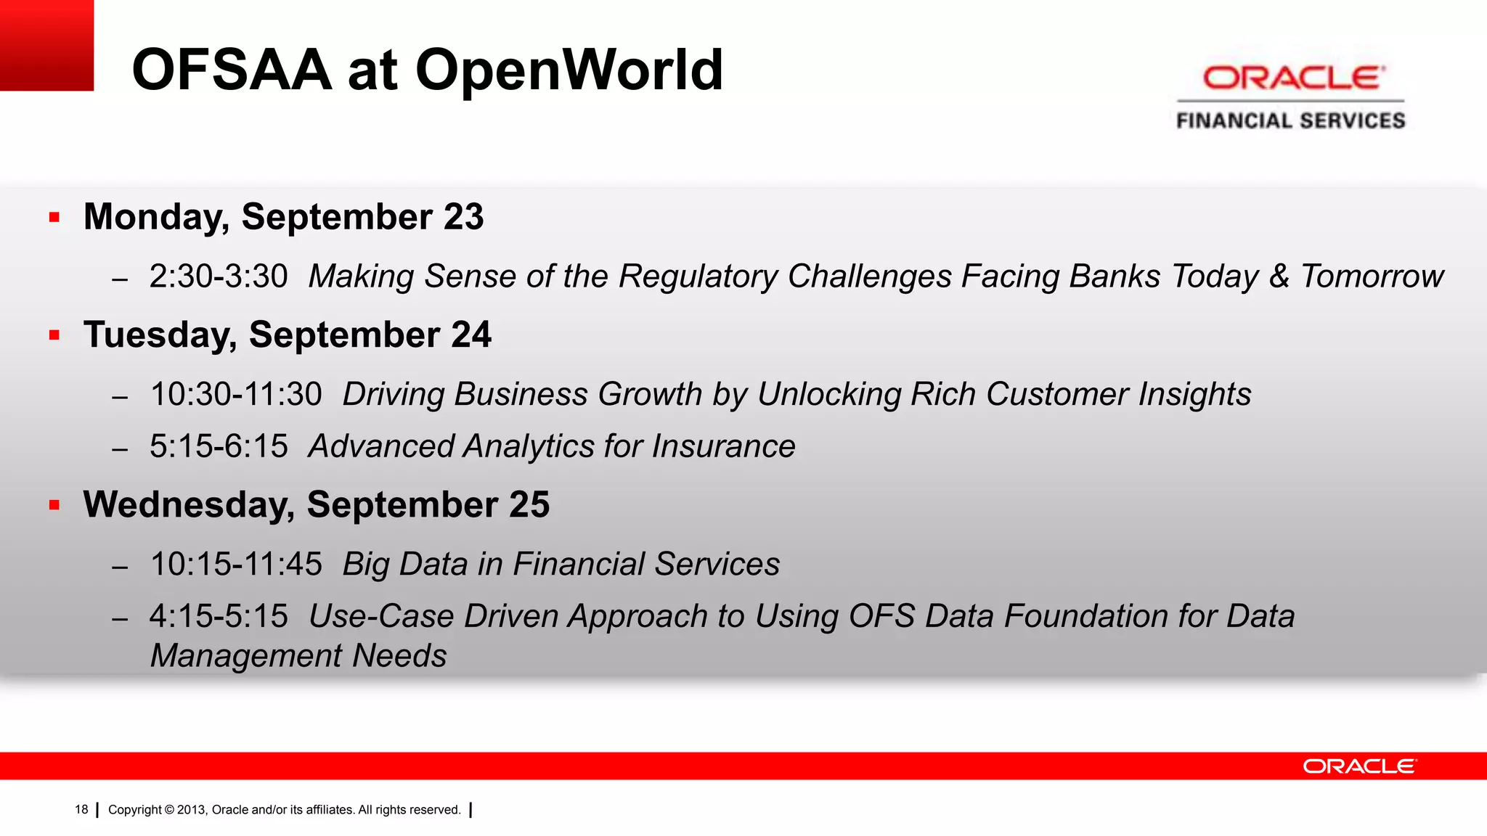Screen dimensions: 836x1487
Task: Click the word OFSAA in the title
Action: click(232, 70)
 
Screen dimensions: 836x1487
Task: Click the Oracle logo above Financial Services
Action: click(1293, 78)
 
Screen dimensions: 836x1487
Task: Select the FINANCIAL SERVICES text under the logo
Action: click(1291, 120)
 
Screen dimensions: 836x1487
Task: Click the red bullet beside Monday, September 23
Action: click(54, 217)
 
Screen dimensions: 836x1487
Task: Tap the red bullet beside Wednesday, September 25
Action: click(54, 504)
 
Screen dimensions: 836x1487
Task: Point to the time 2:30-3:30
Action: click(219, 276)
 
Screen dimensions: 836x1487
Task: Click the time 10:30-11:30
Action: click(235, 395)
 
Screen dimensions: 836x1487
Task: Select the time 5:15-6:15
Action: click(219, 446)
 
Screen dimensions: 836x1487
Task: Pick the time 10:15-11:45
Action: click(235, 565)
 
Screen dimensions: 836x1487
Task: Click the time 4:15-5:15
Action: click(219, 616)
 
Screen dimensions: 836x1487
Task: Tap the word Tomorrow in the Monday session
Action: click(1371, 276)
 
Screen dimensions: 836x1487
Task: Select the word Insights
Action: click(1194, 395)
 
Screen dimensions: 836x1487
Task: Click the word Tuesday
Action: click(159, 335)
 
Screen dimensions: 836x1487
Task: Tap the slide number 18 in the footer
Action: click(81, 810)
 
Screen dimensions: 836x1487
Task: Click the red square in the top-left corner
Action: click(46, 45)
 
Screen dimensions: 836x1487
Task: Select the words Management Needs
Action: click(298, 656)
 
